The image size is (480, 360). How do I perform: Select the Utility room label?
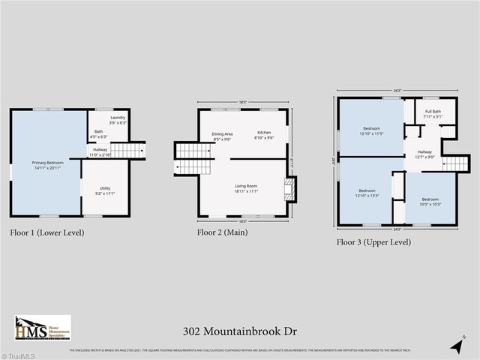104,190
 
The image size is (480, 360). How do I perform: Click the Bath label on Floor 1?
99,134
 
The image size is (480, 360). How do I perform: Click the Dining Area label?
222,136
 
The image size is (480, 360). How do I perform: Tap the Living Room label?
246,188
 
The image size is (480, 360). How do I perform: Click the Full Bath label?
431,114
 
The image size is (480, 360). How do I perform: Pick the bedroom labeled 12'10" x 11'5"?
371,131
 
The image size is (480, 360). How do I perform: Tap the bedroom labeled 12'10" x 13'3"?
367,193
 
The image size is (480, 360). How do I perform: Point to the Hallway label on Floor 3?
424,154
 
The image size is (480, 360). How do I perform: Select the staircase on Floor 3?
455,164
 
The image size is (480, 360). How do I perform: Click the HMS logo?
42,328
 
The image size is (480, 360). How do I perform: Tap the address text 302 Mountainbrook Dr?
239,330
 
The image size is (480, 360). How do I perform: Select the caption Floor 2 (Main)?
222,232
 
